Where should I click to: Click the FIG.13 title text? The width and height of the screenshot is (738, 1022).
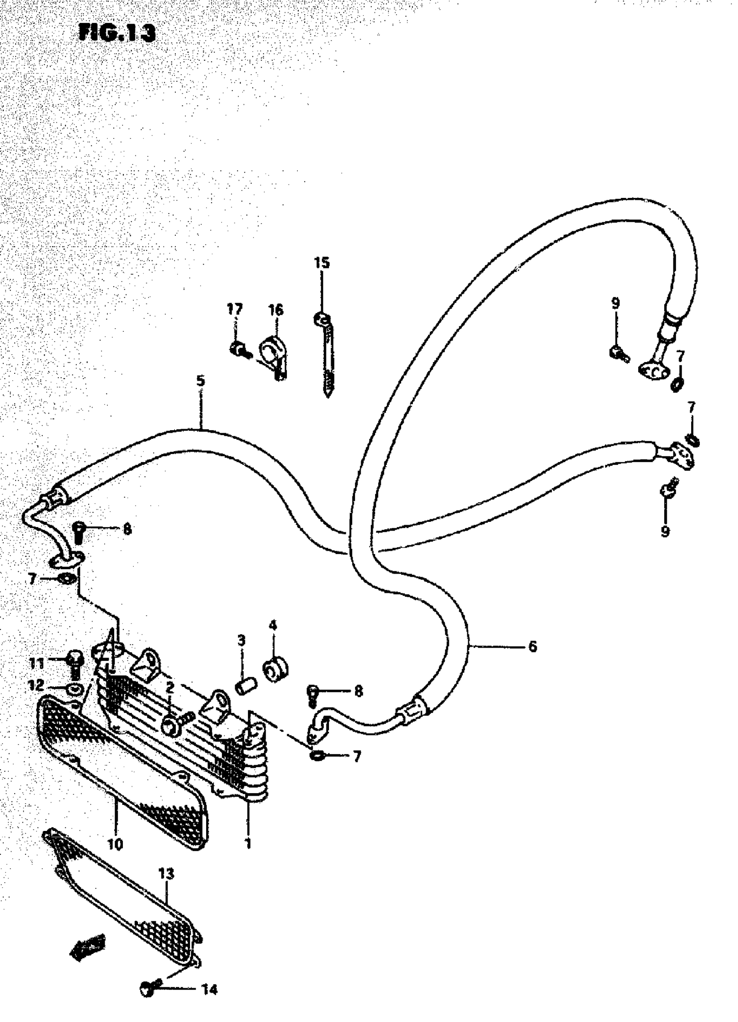pyautogui.click(x=118, y=33)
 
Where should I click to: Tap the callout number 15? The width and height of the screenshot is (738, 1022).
pyautogui.click(x=322, y=263)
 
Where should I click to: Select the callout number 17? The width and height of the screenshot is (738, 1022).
pyautogui.click(x=234, y=309)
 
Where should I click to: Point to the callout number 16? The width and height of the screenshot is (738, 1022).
pyautogui.click(x=276, y=310)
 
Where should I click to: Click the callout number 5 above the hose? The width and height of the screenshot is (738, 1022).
pyautogui.click(x=201, y=381)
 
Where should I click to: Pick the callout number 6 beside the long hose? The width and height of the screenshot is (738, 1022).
pyautogui.click(x=533, y=646)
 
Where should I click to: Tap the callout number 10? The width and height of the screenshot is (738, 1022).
pyautogui.click(x=115, y=844)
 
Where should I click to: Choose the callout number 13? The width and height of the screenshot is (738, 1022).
pyautogui.click(x=166, y=874)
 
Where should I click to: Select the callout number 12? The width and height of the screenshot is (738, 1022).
pyautogui.click(x=36, y=686)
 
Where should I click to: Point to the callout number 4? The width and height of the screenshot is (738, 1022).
pyautogui.click(x=273, y=625)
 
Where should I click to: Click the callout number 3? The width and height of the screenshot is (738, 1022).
pyautogui.click(x=241, y=640)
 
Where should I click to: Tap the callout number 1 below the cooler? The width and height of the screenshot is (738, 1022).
pyautogui.click(x=247, y=843)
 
